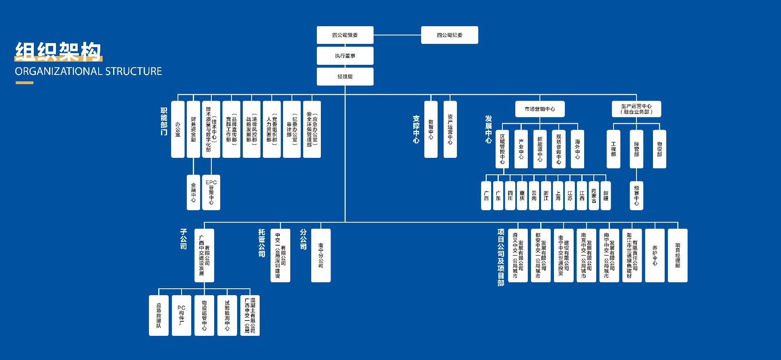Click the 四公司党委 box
[x=345, y=35]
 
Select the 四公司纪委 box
[x=449, y=35]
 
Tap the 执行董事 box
[x=345, y=56]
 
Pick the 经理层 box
[x=345, y=77]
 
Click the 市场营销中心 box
[x=539, y=109]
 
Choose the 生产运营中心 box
[x=636, y=109]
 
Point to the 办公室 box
[x=178, y=129]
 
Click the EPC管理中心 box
[x=211, y=192]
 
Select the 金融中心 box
[x=193, y=192]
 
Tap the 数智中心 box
[x=431, y=129]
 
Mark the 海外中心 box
[x=577, y=149]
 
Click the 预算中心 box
[x=636, y=195]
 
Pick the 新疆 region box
[x=605, y=196]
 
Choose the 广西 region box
[x=486, y=196]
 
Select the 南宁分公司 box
[x=321, y=255]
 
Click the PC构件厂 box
[x=181, y=315]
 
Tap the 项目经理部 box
[x=678, y=255]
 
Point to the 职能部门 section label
[x=164, y=121]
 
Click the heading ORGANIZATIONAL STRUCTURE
[x=88, y=71]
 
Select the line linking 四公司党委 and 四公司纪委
[x=397, y=35]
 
